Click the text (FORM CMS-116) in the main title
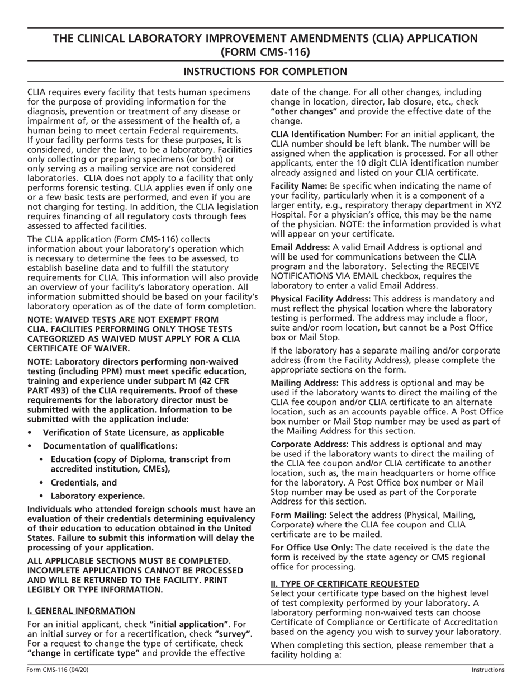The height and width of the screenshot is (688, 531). (265, 52)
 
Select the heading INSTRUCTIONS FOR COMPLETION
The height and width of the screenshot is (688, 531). (265, 72)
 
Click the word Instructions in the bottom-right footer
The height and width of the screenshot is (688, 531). (487, 670)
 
